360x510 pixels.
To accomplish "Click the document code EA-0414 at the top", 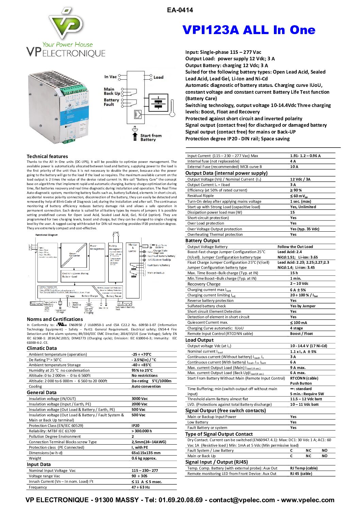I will coord(180,10).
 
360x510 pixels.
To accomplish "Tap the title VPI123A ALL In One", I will coord(249,30).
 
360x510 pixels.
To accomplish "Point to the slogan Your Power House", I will coord(67,44).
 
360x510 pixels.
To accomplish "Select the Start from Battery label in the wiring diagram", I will coord(150,137).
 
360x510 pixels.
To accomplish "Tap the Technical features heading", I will coord(47,156).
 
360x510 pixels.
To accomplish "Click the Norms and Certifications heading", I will coord(55,319).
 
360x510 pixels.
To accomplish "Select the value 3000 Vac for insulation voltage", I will coord(140,399).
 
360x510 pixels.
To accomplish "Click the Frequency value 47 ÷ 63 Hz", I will coord(141,487).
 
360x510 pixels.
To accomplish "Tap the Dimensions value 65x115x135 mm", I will coord(146,453).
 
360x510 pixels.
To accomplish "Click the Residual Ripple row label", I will coord(200,196).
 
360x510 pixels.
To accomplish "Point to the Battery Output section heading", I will coord(202,241).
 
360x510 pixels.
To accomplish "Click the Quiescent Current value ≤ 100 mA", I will coord(298,323).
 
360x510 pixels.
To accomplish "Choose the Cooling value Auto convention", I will coord(146,386).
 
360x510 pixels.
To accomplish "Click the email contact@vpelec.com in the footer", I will coord(242,500).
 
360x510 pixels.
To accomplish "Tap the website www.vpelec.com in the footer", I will coord(308,500).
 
